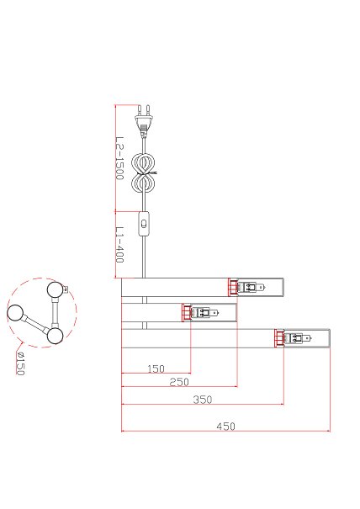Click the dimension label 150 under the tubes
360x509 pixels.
(x=156, y=368)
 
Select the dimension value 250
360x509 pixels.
(x=179, y=382)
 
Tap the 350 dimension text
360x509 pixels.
(x=203, y=400)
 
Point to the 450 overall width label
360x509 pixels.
(x=225, y=427)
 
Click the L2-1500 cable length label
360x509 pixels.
(x=119, y=158)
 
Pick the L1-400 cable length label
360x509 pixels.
(x=119, y=245)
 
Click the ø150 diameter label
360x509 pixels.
(x=20, y=363)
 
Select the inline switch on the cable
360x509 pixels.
(x=144, y=224)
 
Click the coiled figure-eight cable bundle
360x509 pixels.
(x=143, y=173)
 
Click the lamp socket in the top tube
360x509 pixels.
(x=246, y=287)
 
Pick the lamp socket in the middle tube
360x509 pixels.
(x=200, y=313)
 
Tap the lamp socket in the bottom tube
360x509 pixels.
(x=293, y=338)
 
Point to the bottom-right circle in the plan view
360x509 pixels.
(x=55, y=336)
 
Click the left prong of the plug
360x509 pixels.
(x=140, y=109)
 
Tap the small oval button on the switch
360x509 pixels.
(x=144, y=224)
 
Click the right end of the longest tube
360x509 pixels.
(x=330, y=338)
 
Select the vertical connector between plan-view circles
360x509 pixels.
(x=55, y=312)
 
